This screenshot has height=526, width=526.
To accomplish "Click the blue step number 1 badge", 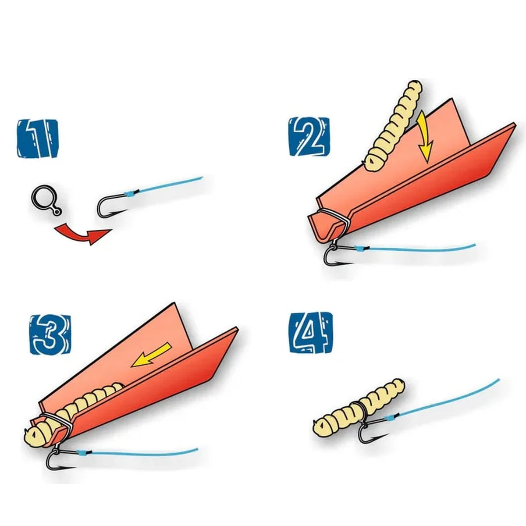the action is pyautogui.click(x=38, y=138).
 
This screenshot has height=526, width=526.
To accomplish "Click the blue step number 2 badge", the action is pyautogui.click(x=309, y=136).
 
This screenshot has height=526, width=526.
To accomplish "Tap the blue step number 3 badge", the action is pyautogui.click(x=50, y=334).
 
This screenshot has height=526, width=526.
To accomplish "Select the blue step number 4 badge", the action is pyautogui.click(x=311, y=332).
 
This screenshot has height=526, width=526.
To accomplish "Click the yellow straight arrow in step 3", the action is pyautogui.click(x=151, y=355).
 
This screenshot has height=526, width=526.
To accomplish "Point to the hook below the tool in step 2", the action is pyautogui.click(x=338, y=255).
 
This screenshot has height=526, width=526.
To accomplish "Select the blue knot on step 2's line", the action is pyautogui.click(x=359, y=249).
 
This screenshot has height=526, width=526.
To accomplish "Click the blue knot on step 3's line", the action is pyautogui.click(x=82, y=454).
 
